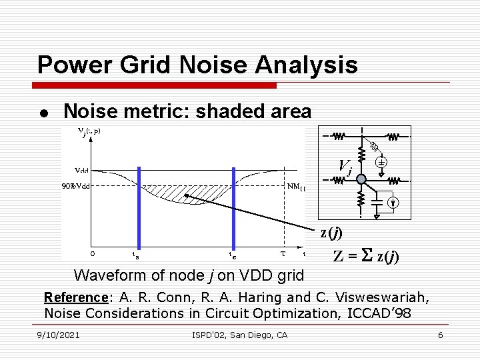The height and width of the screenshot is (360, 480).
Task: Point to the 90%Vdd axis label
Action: (x=75, y=185)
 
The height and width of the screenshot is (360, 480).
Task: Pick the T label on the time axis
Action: (x=283, y=253)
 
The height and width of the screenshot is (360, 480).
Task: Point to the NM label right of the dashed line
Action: (x=295, y=186)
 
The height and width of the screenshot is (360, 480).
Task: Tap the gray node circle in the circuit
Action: (x=360, y=179)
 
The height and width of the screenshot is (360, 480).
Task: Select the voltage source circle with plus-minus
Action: (x=381, y=162)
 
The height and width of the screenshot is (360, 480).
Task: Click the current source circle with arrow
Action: (x=394, y=203)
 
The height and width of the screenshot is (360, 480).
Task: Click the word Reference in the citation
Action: (x=75, y=297)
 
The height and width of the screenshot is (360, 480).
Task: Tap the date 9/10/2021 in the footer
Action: (x=59, y=335)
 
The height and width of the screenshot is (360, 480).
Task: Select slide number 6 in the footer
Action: (x=440, y=335)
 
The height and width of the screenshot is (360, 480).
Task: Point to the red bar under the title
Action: (x=157, y=85)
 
